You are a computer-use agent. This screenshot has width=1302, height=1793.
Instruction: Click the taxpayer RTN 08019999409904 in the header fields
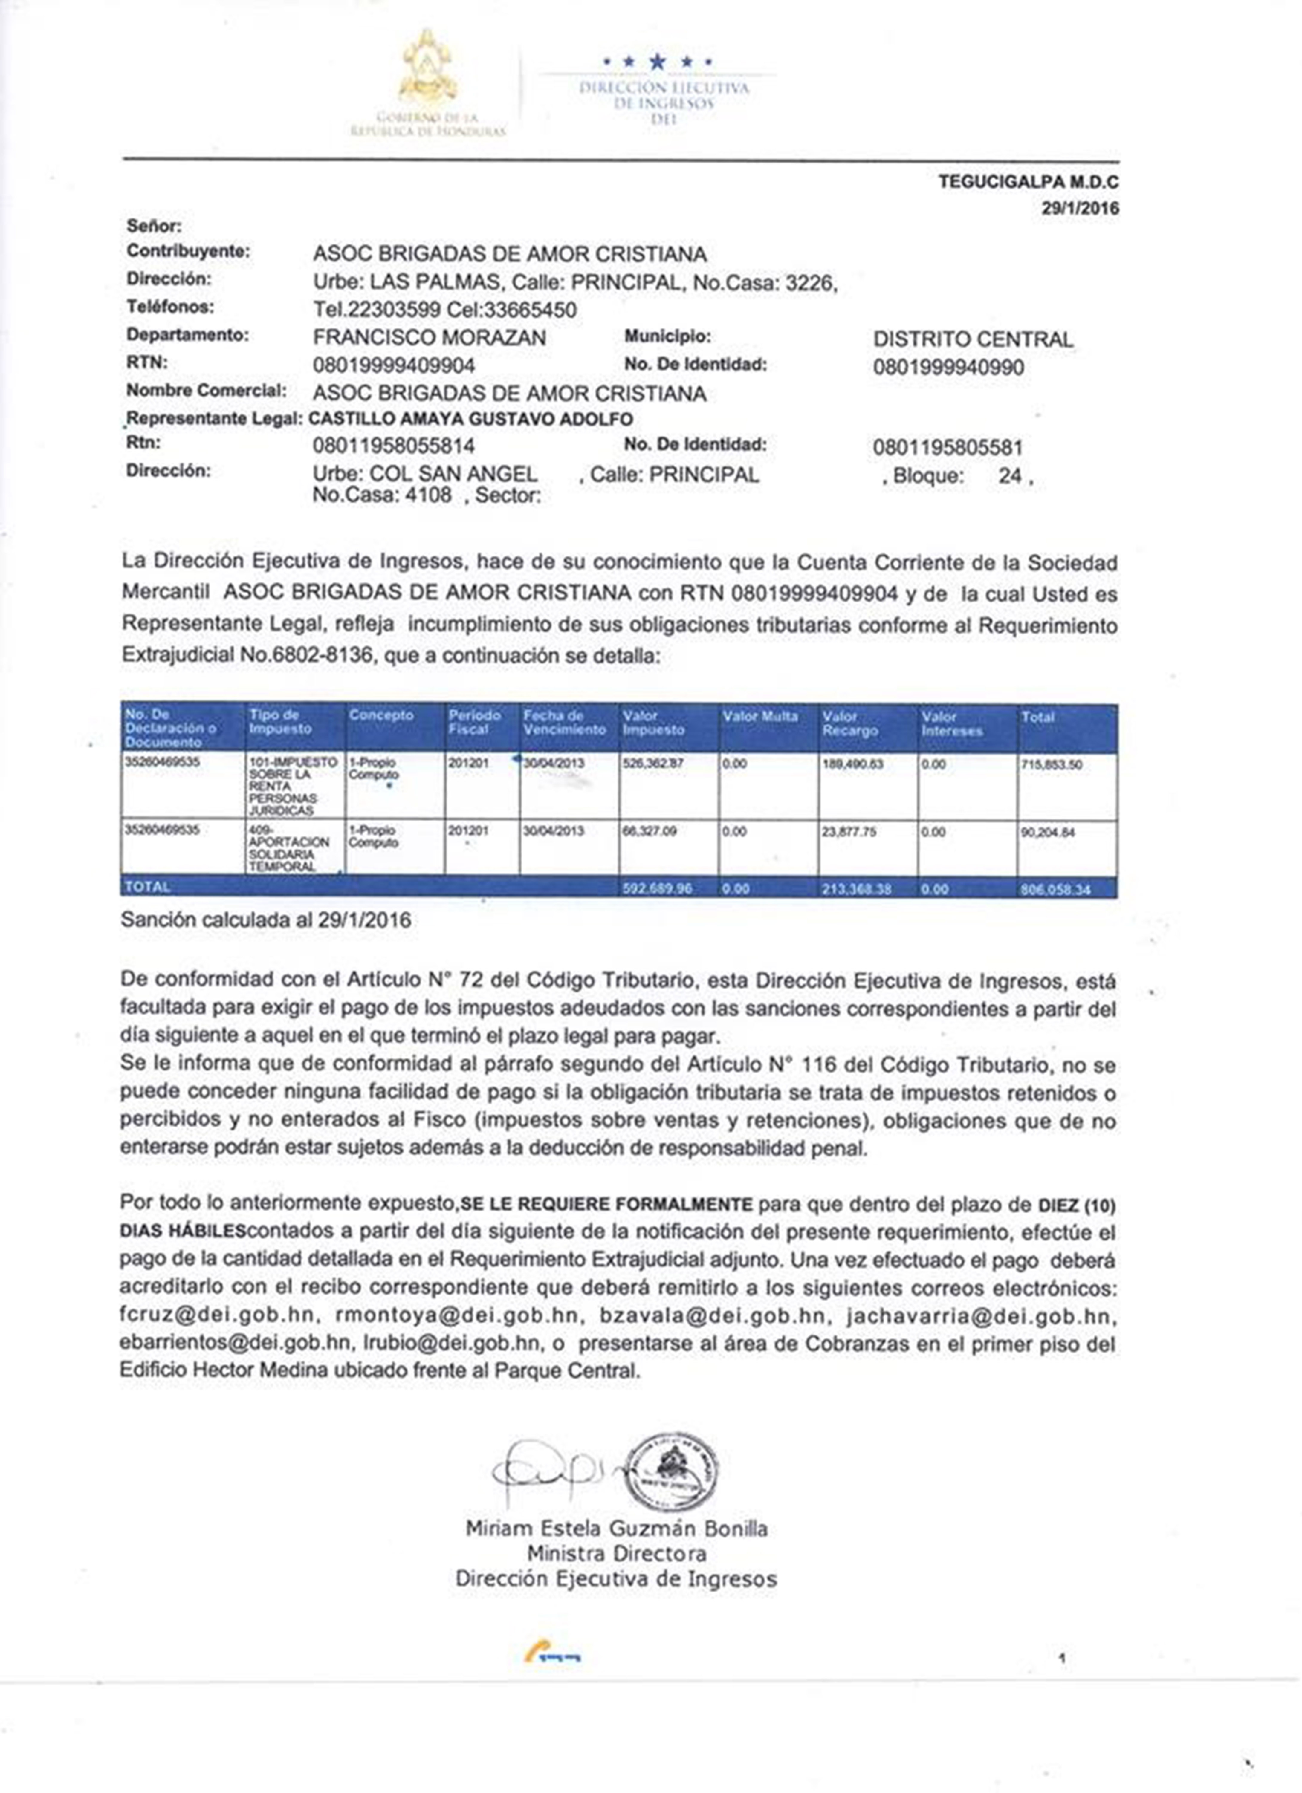coord(394,365)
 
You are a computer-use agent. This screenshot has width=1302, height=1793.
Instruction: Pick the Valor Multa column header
coord(760,716)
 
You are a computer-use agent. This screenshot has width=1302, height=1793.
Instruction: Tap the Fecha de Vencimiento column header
coord(564,723)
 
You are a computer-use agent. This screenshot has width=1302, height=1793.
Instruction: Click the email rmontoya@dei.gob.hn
coord(457,1316)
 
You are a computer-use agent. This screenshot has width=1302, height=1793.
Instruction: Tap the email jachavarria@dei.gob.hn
coord(980,1316)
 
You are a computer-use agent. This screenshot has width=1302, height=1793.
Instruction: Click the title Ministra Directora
coord(617,1553)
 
